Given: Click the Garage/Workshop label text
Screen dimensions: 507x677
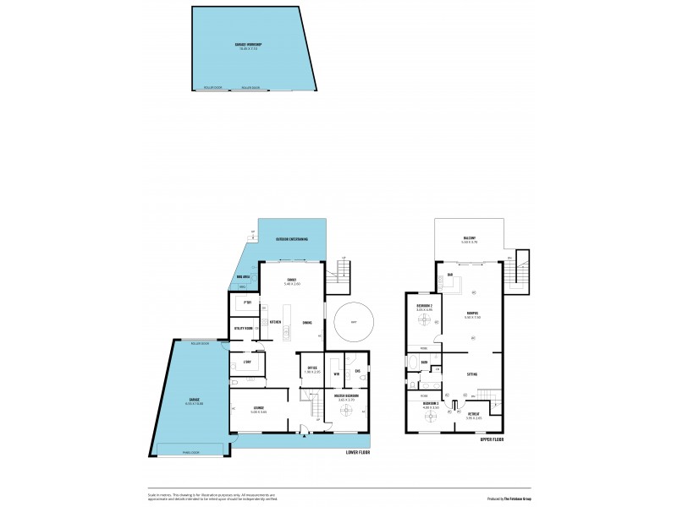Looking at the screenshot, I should click(247, 45).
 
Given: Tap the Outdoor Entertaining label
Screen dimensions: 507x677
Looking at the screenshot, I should click(292, 240).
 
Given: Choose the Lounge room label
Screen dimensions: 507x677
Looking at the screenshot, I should click(259, 409).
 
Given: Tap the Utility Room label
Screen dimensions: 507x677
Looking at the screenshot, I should click(244, 329).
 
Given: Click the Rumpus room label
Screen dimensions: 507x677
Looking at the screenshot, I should click(472, 314).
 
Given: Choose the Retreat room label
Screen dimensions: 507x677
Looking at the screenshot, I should click(472, 414).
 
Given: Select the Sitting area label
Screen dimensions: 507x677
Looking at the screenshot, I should click(472, 373).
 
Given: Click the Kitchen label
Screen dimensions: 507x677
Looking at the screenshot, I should click(275, 322).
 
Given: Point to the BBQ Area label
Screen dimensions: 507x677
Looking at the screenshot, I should click(242, 277).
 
